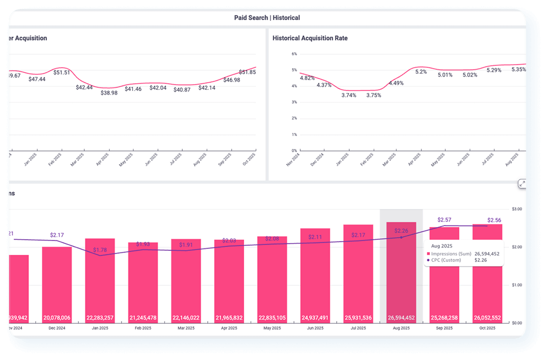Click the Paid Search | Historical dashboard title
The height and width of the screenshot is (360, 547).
click(x=267, y=18)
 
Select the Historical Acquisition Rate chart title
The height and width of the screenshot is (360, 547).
click(x=310, y=38)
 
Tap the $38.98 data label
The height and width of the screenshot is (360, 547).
click(x=109, y=93)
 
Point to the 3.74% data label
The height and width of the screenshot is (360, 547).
click(x=349, y=95)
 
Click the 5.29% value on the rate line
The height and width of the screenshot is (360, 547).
click(x=494, y=70)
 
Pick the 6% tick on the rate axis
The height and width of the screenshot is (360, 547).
click(x=294, y=54)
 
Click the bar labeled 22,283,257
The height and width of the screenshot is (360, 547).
click(x=100, y=279)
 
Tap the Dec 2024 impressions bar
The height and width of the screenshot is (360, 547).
click(x=57, y=284)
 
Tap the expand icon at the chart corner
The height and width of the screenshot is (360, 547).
click(x=522, y=184)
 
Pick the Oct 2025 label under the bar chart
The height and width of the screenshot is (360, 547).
click(x=487, y=329)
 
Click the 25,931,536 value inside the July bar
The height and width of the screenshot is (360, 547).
click(x=358, y=318)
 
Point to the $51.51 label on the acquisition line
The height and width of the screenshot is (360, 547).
click(x=62, y=73)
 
